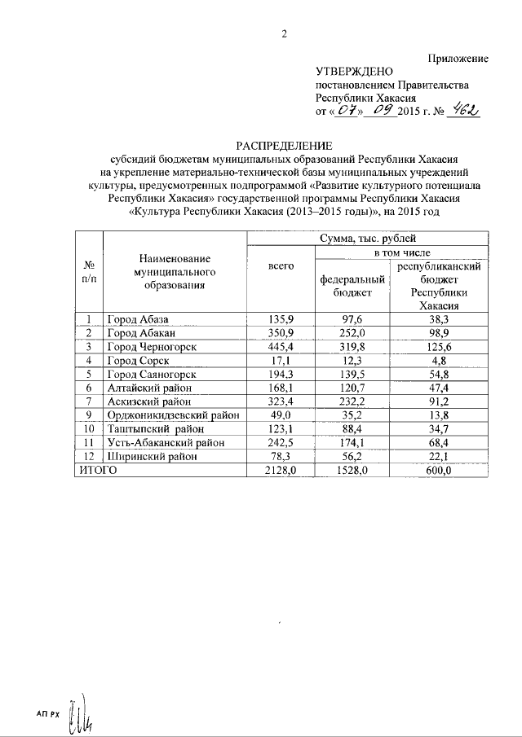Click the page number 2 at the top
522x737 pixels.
click(x=285, y=33)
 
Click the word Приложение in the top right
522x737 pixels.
click(x=458, y=59)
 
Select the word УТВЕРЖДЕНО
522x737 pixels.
click(x=355, y=72)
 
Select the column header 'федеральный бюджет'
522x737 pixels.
click(x=353, y=285)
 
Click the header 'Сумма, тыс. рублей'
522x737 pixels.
click(x=368, y=239)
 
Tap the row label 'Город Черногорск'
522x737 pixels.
click(x=153, y=348)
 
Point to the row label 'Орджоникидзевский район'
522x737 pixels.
click(x=175, y=415)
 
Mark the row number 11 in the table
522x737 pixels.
click(x=89, y=443)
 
